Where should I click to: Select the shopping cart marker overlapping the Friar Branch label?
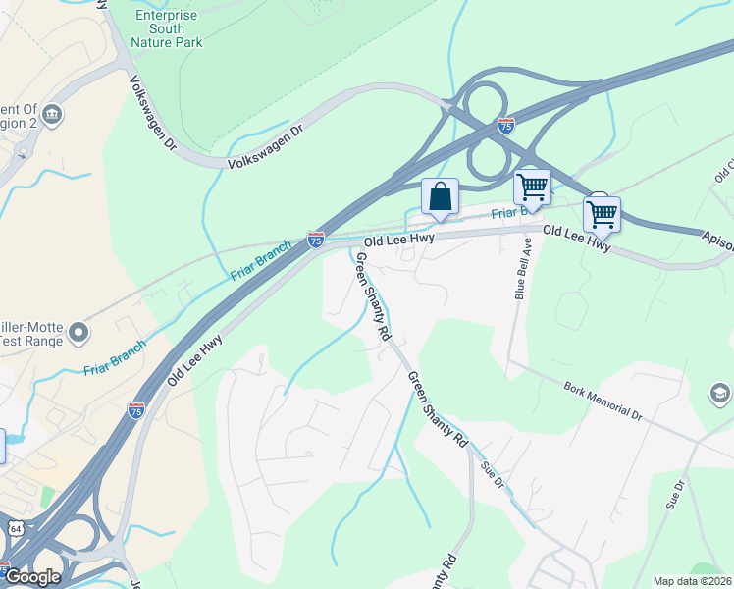pyautogui.click(x=532, y=186)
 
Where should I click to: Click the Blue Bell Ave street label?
pyautogui.click(x=522, y=267)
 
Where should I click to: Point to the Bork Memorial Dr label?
pyautogui.click(x=603, y=401)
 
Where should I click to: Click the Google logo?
pyautogui.click(x=31, y=576)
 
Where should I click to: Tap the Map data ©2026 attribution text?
pyautogui.click(x=693, y=581)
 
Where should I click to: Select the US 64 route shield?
pyautogui.click(x=18, y=529)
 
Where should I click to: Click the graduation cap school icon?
pyautogui.click(x=719, y=394)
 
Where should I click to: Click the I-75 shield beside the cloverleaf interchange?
pyautogui.click(x=505, y=126)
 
